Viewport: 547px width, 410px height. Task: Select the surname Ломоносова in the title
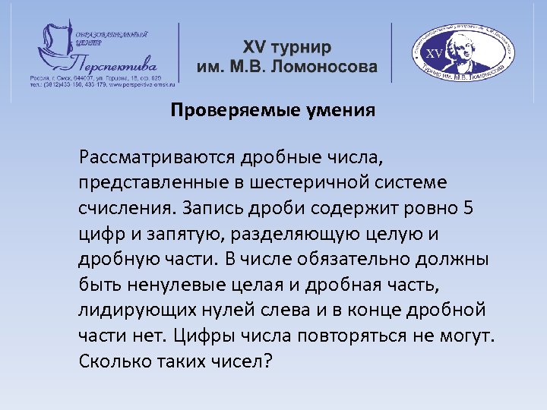click(327, 67)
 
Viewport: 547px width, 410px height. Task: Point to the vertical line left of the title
click(179, 52)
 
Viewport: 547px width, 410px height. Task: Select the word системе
click(422, 184)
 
